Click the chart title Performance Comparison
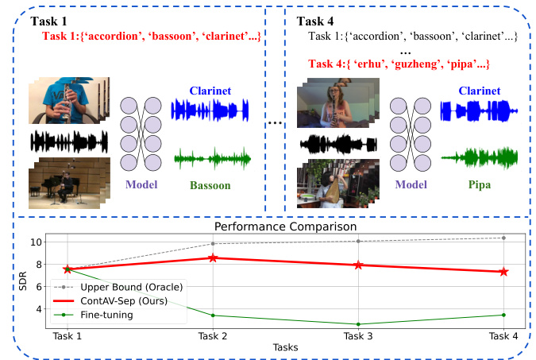click(x=285, y=226)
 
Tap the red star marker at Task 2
click(x=213, y=257)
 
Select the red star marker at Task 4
click(x=503, y=272)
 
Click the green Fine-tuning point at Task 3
click(x=358, y=324)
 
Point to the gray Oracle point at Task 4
click(x=503, y=238)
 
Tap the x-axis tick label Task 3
click(x=358, y=337)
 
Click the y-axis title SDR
click(x=12, y=281)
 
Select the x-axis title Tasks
click(x=285, y=348)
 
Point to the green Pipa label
click(x=474, y=186)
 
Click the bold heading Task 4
click(x=319, y=19)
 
